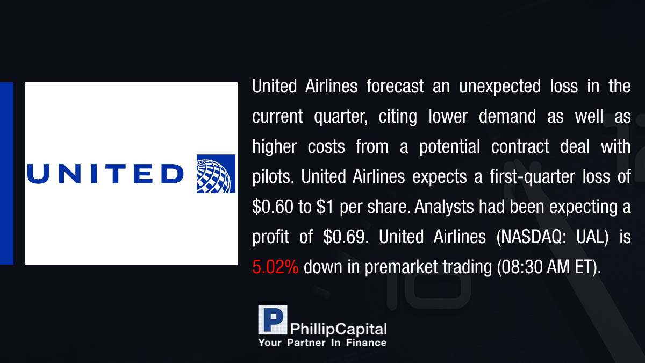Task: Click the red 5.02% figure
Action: point(275,267)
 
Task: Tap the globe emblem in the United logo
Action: point(216,174)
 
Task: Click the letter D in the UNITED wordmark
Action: point(173,174)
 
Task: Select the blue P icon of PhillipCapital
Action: point(273,320)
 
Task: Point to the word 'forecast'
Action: point(395,86)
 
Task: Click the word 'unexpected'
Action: point(500,87)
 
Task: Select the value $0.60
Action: point(273,207)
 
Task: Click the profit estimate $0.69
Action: point(346,237)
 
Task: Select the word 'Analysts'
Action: point(444,207)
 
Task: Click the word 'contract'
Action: point(520,147)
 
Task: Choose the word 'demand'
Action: point(507,116)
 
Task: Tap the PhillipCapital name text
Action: point(338,329)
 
